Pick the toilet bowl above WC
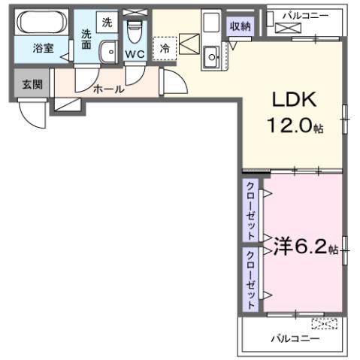tap(135, 32)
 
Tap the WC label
tap(135, 55)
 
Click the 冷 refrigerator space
tap(165, 47)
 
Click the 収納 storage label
tap(240, 27)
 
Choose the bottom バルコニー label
tap(295, 339)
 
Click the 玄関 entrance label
tap(32, 83)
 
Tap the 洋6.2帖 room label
tap(304, 246)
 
